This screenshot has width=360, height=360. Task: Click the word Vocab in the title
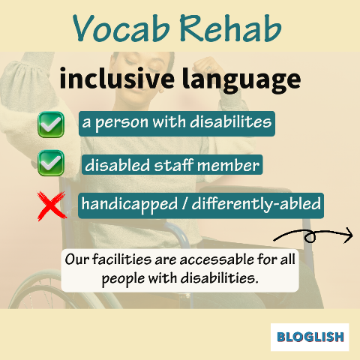pyautogui.click(x=121, y=28)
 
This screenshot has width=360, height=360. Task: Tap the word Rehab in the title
pyautogui.click(x=230, y=28)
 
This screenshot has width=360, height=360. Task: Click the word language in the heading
pyautogui.click(x=241, y=80)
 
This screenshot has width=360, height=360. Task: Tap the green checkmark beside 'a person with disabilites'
pyautogui.click(x=51, y=124)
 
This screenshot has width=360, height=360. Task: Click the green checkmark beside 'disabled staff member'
pyautogui.click(x=51, y=163)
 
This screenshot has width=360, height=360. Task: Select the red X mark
pyautogui.click(x=52, y=205)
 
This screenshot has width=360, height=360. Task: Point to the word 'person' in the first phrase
pyautogui.click(x=121, y=123)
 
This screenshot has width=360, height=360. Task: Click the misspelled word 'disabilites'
pyautogui.click(x=230, y=121)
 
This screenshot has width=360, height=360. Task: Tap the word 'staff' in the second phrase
pyautogui.click(x=174, y=165)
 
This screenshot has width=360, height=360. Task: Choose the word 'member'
pyautogui.click(x=228, y=166)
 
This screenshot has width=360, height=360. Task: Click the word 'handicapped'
pyautogui.click(x=130, y=204)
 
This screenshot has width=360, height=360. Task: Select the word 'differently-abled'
pyautogui.click(x=256, y=204)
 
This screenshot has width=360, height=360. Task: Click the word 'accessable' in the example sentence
pyautogui.click(x=217, y=259)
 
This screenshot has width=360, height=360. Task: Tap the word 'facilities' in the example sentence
pyautogui.click(x=122, y=259)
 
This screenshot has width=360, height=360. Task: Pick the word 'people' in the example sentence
pyautogui.click(x=123, y=279)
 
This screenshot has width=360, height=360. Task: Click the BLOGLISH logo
pyautogui.click(x=310, y=337)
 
